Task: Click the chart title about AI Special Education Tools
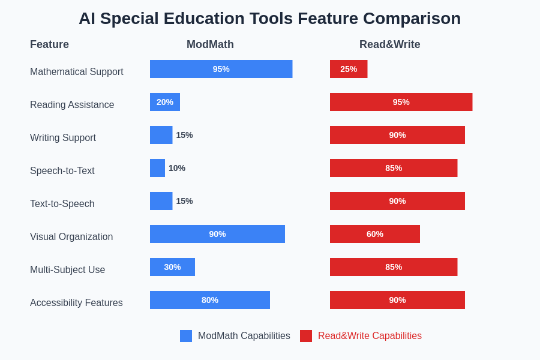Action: pos(269,19)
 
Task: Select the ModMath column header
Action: pos(210,44)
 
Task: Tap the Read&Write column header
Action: pos(389,44)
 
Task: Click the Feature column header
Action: pos(49,44)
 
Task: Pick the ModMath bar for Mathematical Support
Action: pos(221,69)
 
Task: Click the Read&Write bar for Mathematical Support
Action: pos(349,69)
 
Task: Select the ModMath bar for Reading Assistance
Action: pos(165,102)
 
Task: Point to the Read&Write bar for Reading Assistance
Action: pos(401,102)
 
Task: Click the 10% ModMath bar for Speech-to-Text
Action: pos(157,168)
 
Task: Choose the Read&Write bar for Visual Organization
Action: pos(375,234)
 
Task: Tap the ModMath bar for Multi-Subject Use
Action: pos(172,267)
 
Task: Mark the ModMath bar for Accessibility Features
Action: pos(210,300)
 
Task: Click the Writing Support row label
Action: pos(63,138)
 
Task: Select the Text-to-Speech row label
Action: pos(62,204)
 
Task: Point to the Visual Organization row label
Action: pos(71,237)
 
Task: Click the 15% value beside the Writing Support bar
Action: pos(184,135)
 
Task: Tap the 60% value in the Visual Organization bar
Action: pos(375,234)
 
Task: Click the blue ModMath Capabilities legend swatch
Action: pos(186,336)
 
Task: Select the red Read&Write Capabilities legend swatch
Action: pos(306,336)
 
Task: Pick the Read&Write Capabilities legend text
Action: pos(370,336)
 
